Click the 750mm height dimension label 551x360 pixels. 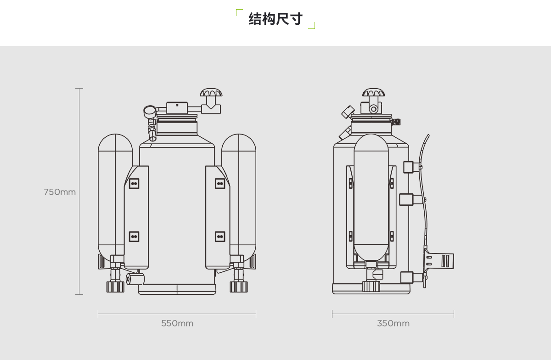tap(60, 192)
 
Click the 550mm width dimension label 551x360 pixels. tap(177, 323)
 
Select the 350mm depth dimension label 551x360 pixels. tap(393, 323)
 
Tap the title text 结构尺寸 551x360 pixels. tap(275, 19)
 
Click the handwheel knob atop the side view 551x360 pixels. tap(373, 93)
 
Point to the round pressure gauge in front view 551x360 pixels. tap(150, 111)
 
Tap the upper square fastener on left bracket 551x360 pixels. tap(134, 183)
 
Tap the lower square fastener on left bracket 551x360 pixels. tap(134, 236)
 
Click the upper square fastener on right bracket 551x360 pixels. tap(220, 183)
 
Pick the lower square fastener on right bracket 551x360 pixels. tap(220, 236)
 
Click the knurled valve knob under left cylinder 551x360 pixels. tap(115, 287)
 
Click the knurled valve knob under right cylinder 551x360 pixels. tap(238, 287)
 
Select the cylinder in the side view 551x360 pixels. tap(371, 197)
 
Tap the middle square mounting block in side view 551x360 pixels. tap(407, 199)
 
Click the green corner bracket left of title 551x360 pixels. tap(238, 12)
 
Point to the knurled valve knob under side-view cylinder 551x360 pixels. tap(371, 287)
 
